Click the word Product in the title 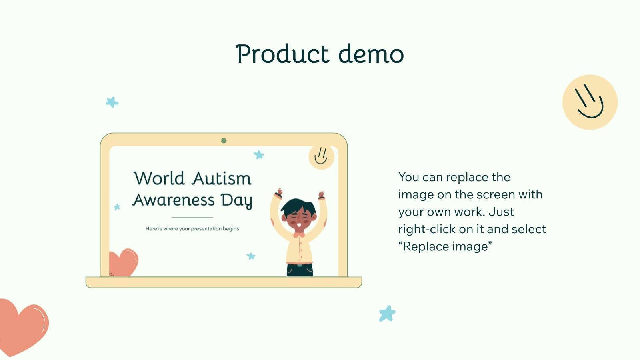click(x=282, y=54)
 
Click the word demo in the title click(x=371, y=54)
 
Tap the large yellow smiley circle click(x=590, y=102)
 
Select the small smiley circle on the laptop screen click(x=321, y=156)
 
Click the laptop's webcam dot click(x=224, y=140)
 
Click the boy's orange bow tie click(x=299, y=235)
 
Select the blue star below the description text click(x=387, y=314)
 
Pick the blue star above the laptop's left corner click(x=112, y=102)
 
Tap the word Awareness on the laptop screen click(x=174, y=200)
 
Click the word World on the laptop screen click(x=159, y=178)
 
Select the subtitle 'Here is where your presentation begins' click(x=192, y=229)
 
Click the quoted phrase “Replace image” click(x=445, y=246)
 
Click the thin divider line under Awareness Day click(x=192, y=217)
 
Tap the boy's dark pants click(x=300, y=271)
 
